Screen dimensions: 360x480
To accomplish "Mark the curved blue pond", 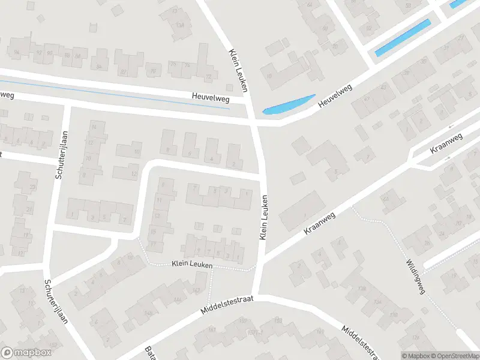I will pyautogui.click(x=289, y=105).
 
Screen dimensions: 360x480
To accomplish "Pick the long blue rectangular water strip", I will pyautogui.click(x=403, y=38).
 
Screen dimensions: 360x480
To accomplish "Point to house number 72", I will pyautogui.click(x=208, y=77).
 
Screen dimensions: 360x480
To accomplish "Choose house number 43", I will pyautogui.click(x=383, y=87).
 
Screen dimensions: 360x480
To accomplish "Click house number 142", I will pyautogui.click(x=196, y=291).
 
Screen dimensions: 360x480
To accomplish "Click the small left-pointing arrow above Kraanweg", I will pyautogui.click(x=451, y=127).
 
